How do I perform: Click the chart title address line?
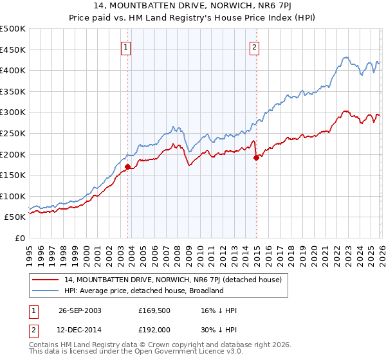click(x=193, y=6)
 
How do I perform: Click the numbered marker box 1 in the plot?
click(x=125, y=46)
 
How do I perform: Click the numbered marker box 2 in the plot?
click(x=255, y=46)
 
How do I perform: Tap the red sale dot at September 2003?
click(x=127, y=167)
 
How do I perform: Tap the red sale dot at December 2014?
click(x=256, y=157)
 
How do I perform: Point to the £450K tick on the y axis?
click(x=14, y=50)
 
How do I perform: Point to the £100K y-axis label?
click(x=14, y=196)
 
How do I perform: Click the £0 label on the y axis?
click(x=20, y=238)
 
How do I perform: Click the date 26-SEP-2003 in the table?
click(x=80, y=310)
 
